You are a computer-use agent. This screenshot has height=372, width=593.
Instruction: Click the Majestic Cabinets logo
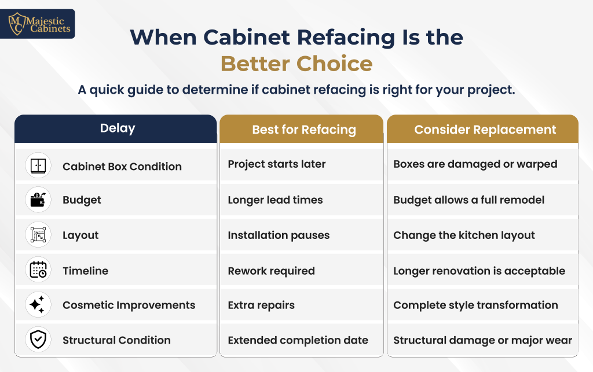[38, 24]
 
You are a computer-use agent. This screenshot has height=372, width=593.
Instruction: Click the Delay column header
[116, 128]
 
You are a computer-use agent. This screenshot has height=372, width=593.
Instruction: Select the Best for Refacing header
[301, 129]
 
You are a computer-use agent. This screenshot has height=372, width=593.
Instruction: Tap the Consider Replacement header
[482, 129]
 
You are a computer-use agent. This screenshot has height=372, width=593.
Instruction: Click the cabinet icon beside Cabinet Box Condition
[38, 165]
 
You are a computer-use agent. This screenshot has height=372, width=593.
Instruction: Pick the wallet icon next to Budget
[38, 200]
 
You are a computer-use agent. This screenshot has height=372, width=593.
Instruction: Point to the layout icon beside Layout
[38, 234]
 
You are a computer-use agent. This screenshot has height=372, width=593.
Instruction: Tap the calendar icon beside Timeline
[38, 270]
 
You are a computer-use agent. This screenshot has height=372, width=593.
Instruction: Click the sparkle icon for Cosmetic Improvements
[38, 304]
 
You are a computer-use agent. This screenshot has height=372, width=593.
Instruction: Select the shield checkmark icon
[38, 340]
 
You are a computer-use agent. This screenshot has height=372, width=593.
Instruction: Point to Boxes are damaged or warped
[475, 164]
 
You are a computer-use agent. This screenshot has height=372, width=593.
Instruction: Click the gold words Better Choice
[296, 64]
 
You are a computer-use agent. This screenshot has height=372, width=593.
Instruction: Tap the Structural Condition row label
[116, 340]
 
